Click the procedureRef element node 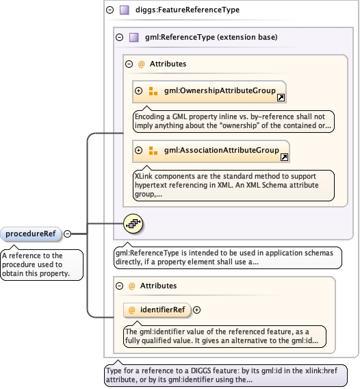[31, 234]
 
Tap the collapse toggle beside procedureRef [68, 234]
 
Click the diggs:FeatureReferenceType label [188, 10]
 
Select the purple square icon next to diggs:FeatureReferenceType [125, 10]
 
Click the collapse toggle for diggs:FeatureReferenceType [110, 10]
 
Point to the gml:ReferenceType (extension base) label [211, 37]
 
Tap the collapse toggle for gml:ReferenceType [120, 37]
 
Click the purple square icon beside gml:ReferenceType [134, 37]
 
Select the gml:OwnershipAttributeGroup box [209, 92]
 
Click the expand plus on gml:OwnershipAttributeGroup [139, 91]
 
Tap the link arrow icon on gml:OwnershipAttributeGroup [281, 98]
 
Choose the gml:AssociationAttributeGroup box [211, 151]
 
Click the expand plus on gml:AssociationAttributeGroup [139, 151]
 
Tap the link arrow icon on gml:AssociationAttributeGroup [284, 158]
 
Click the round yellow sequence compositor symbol [133, 224]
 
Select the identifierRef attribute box [157, 310]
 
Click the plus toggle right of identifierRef [196, 310]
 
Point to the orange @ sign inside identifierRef [131, 310]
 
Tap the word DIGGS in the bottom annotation [201, 371]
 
